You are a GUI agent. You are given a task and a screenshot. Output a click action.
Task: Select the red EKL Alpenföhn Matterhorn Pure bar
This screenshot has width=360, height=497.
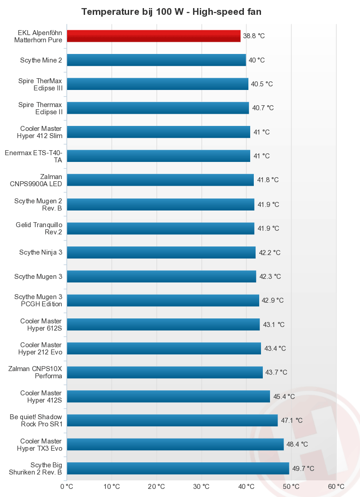[x=153, y=36]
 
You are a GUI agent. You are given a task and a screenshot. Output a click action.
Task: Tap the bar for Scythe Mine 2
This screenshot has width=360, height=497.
[x=156, y=60]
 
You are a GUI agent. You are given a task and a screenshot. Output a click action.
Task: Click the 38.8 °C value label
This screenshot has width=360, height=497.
[x=254, y=36]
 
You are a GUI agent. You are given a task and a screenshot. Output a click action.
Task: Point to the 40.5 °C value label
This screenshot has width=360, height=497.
[x=262, y=84]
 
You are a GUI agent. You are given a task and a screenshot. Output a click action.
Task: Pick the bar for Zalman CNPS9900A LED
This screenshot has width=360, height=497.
[x=160, y=180]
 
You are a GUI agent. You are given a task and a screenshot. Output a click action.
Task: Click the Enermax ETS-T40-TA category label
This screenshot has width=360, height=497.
[x=34, y=156]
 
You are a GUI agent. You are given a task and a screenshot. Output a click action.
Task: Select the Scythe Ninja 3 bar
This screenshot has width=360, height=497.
[x=161, y=252]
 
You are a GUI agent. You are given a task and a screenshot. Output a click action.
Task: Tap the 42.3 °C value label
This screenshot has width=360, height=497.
[x=270, y=277]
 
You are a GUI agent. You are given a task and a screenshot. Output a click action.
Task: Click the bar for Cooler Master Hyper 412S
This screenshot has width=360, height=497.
[x=168, y=396]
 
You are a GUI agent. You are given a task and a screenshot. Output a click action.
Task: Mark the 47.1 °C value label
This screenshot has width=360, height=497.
[x=292, y=421]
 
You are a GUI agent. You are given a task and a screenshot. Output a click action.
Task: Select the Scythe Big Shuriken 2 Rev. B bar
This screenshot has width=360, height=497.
[x=178, y=469]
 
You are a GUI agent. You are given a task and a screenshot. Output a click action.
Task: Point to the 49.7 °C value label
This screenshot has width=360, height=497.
[x=303, y=469]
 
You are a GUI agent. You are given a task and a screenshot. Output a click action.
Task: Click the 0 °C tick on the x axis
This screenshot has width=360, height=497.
[x=67, y=486]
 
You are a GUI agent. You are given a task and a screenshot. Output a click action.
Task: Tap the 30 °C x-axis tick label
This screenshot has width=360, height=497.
[x=201, y=486]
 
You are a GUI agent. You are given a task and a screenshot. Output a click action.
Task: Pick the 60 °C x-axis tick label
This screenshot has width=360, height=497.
[x=336, y=486]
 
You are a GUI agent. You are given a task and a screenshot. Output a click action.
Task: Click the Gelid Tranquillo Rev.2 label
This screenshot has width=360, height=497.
[x=40, y=228]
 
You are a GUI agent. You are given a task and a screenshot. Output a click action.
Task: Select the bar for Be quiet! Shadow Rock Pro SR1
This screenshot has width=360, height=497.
[x=172, y=421]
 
